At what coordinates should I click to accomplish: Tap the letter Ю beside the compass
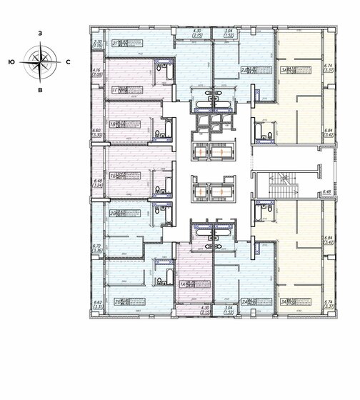click(x=11, y=62)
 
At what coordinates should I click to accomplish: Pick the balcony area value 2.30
click(x=96, y=45)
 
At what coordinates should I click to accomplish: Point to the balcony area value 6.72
click(x=96, y=245)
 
